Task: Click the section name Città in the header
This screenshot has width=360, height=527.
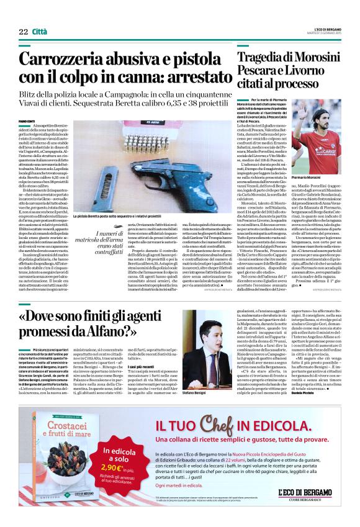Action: pos(39,14)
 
